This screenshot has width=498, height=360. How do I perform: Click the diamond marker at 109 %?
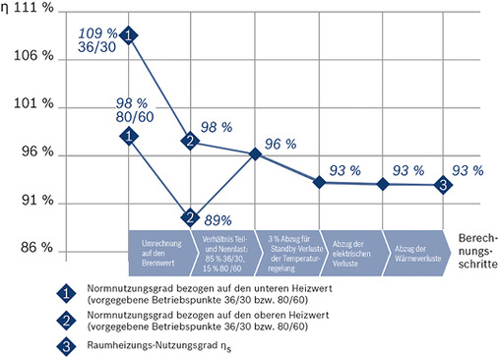pos(129,36)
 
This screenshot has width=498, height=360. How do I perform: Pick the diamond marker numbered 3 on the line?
pos(445,184)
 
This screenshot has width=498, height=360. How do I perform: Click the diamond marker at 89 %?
pos(189,217)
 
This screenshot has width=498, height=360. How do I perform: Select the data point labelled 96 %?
pos(255,153)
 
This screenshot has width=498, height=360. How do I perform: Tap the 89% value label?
pos(218,219)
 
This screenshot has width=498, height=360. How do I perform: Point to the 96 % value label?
pos(280,144)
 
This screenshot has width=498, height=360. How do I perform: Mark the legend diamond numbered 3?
pos(66,344)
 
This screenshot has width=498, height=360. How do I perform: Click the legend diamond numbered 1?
pos(66,291)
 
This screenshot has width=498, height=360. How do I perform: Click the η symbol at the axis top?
pos(8,9)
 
